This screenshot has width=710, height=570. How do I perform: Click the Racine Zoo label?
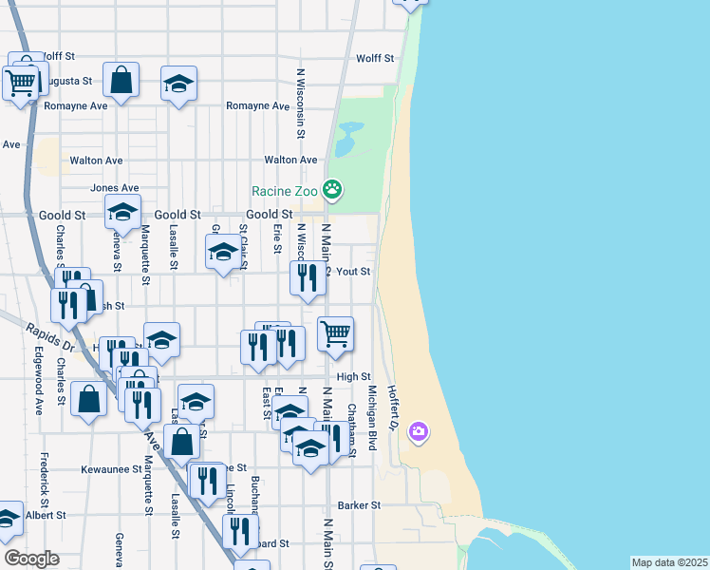(x=284, y=191)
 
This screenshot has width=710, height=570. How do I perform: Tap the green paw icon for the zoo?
(x=331, y=190)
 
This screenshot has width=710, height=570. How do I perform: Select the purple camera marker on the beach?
(x=419, y=433)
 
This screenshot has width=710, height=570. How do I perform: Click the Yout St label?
(x=353, y=272)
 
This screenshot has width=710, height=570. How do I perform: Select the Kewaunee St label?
(x=111, y=469)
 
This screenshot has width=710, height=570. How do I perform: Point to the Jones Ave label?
(x=114, y=188)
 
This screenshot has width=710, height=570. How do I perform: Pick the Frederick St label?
(x=44, y=479)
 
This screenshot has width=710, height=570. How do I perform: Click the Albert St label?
(x=46, y=515)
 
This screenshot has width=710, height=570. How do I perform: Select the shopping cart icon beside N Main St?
(x=335, y=333)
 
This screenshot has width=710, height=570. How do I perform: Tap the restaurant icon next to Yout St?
(x=307, y=277)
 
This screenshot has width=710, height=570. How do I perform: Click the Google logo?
(x=32, y=559)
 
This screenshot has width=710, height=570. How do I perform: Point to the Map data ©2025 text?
(x=669, y=562)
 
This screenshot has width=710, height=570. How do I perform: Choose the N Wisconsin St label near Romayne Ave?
(x=300, y=104)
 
